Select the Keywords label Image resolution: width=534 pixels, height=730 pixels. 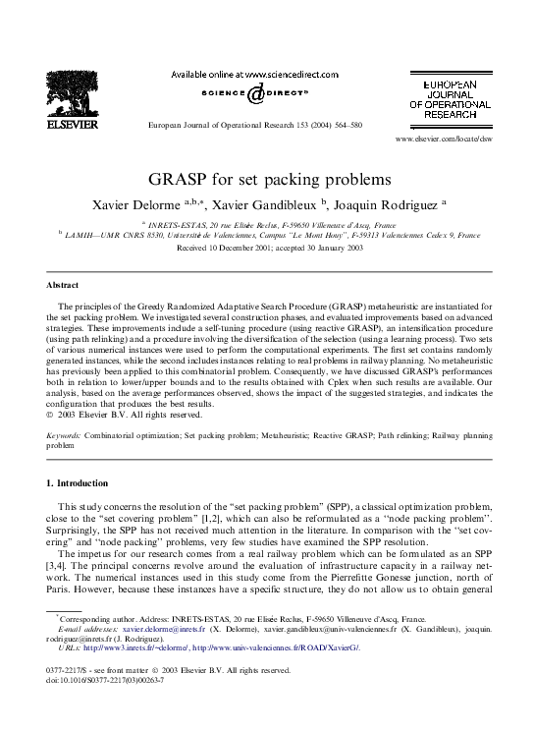[65, 433]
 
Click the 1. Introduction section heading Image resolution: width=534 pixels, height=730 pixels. [81, 484]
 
